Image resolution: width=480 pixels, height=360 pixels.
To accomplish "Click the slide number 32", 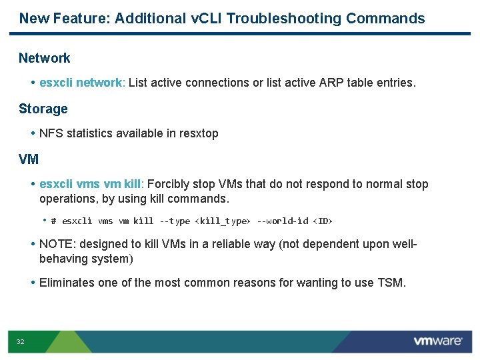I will (20, 342).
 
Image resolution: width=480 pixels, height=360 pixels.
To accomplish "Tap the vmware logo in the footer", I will (437, 341).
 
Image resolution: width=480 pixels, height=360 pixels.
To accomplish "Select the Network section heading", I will (44, 58).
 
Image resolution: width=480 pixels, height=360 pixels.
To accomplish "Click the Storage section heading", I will (43, 109).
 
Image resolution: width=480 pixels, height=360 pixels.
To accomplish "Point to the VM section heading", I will (29, 159).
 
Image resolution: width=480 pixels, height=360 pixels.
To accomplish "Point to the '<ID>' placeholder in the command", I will (323, 221).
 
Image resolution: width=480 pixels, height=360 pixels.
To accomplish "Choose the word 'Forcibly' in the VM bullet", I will (167, 184).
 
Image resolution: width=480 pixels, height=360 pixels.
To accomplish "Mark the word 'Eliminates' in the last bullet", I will (67, 283).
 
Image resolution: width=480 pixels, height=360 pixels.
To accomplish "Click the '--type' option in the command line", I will (174, 221).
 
